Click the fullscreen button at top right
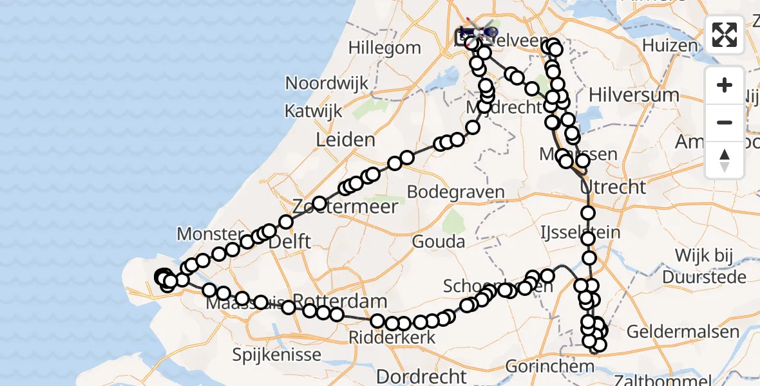(x=725, y=35)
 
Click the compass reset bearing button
(x=725, y=160)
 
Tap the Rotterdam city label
(x=341, y=301)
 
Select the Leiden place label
(x=345, y=140)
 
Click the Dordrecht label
(x=421, y=376)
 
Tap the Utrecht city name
(x=613, y=187)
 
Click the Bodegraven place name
(x=455, y=192)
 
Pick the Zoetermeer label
(x=345, y=207)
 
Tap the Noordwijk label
(x=327, y=83)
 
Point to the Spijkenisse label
(x=277, y=354)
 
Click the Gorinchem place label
(x=541, y=367)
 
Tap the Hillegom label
(x=385, y=48)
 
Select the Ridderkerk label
(x=392, y=337)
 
